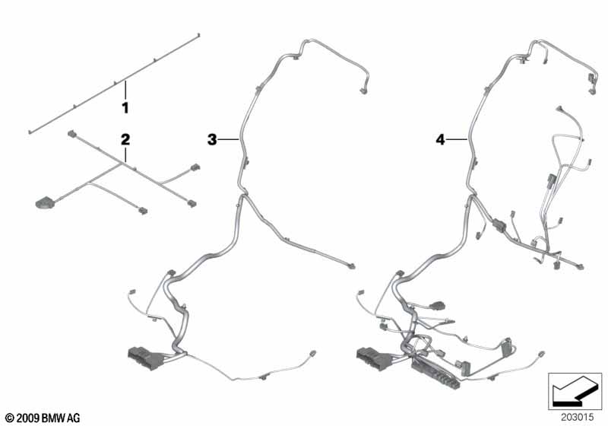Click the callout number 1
click(x=125, y=108)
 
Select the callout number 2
click(x=125, y=139)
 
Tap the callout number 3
click(x=212, y=139)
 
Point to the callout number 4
click(x=440, y=139)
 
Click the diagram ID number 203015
click(x=577, y=418)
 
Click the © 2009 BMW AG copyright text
click(x=43, y=418)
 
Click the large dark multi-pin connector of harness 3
click(x=146, y=358)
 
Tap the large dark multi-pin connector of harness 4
click(x=375, y=359)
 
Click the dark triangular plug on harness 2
click(x=43, y=203)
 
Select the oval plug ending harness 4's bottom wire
click(x=541, y=354)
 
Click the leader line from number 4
click(x=457, y=139)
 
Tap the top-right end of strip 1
click(x=198, y=35)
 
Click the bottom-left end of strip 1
click(x=30, y=132)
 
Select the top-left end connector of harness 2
click(x=71, y=134)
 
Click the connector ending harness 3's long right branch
click(x=351, y=266)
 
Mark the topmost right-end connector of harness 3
click(x=363, y=91)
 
